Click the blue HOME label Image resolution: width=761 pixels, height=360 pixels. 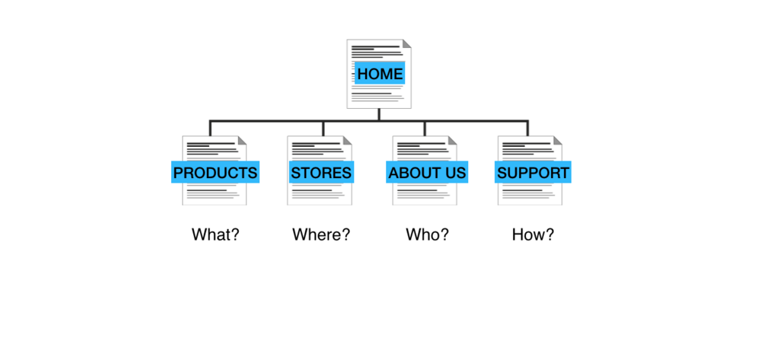pos(380,74)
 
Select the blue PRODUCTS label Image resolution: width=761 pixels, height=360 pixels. pos(215,173)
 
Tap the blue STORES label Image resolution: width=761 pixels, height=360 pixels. pos(321,173)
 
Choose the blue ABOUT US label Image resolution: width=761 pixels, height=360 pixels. pos(427,173)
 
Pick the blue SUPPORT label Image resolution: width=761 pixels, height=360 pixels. pos(533,173)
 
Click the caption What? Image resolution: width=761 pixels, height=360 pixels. pos(215,234)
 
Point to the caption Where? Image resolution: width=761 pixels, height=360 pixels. pos(321,234)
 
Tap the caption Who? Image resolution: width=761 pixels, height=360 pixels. pos(427,234)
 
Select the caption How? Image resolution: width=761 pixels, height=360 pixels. pos(533,234)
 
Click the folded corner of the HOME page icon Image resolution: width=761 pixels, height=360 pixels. pos(407,44)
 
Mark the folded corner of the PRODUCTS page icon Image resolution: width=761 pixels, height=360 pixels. pos(243,140)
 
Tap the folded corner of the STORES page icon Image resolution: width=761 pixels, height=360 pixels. pos(348,140)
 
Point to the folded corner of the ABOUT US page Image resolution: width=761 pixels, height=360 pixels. pos(453,140)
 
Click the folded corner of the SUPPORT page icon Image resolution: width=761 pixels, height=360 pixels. pos(558,140)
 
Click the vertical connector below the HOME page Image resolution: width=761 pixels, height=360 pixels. pos(379,114)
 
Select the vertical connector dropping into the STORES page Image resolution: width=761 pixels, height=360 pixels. pos(323,128)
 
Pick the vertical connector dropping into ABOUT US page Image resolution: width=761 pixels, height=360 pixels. pos(425,128)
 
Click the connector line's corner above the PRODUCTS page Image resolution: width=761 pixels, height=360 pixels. pos(211,121)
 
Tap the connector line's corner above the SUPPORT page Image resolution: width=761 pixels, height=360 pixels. pos(527,121)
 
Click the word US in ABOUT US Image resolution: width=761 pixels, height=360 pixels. pos(454,173)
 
